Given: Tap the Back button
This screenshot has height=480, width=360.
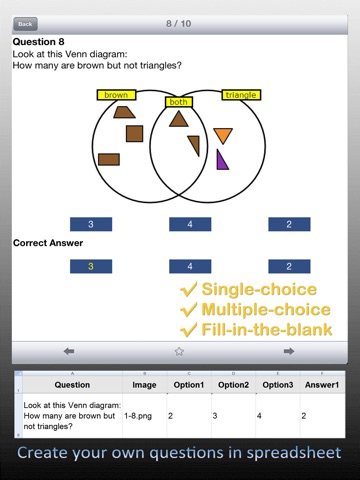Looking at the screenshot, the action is pos(25,24).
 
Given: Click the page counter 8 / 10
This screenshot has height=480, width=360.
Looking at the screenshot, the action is pos(179,24).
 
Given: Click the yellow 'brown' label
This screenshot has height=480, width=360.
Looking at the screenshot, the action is pos(116,95).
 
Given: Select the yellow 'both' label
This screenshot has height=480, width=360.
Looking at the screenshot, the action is pos(179,102).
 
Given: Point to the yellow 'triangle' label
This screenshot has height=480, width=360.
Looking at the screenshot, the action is pos(241,95).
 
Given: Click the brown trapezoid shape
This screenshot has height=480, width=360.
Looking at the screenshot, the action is pos(124,112).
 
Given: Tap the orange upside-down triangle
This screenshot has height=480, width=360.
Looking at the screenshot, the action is pos(223,136).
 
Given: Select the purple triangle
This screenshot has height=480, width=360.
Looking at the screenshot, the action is pos(221,161).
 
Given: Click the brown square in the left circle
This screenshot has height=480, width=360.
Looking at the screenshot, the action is pos(134,134).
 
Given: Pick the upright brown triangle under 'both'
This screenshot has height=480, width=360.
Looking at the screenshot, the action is pos(178,119).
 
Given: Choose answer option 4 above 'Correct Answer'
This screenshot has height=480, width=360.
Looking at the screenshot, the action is pos(190,224).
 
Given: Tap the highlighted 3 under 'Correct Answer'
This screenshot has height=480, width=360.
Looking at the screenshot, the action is pos(91,266).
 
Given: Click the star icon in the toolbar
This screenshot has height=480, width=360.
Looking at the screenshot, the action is pos(179,351).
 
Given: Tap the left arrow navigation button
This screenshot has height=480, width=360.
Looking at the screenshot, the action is pos(69,351).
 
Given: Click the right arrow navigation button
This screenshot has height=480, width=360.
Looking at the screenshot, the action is pos(289,351).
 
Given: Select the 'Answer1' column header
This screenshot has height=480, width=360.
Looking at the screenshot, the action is pos(322,385).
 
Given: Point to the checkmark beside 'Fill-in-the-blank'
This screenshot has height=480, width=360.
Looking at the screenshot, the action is pos(188,330).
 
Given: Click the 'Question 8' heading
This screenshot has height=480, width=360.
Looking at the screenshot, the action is pos(38,42).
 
